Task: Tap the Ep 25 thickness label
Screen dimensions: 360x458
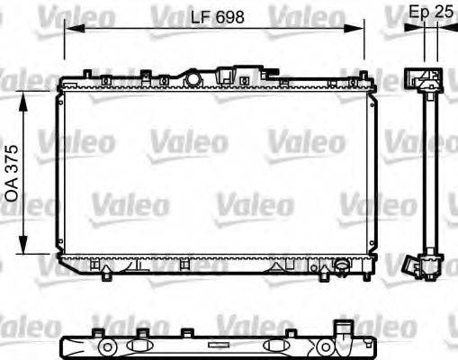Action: coord(430,13)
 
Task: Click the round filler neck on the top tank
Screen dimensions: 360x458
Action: coord(192,79)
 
